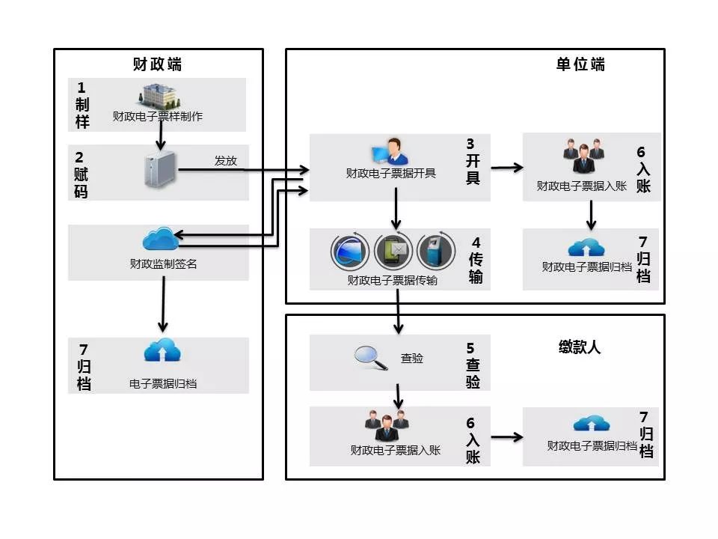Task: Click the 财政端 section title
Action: click(157, 64)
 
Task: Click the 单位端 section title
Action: click(580, 64)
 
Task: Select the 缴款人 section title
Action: click(579, 347)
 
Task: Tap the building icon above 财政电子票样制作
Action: click(159, 97)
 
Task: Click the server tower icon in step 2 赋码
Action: click(159, 169)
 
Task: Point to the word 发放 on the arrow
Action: click(225, 160)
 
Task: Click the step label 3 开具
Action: click(473, 161)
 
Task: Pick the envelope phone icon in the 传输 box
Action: click(393, 252)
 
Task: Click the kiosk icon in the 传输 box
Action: click(434, 252)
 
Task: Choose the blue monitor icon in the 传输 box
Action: click(350, 252)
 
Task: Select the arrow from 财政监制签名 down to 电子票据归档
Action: click(162, 306)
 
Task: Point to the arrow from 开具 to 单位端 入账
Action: click(507, 168)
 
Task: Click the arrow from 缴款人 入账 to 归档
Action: click(507, 436)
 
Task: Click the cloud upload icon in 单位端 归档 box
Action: click(586, 248)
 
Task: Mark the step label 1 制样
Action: click(82, 105)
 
